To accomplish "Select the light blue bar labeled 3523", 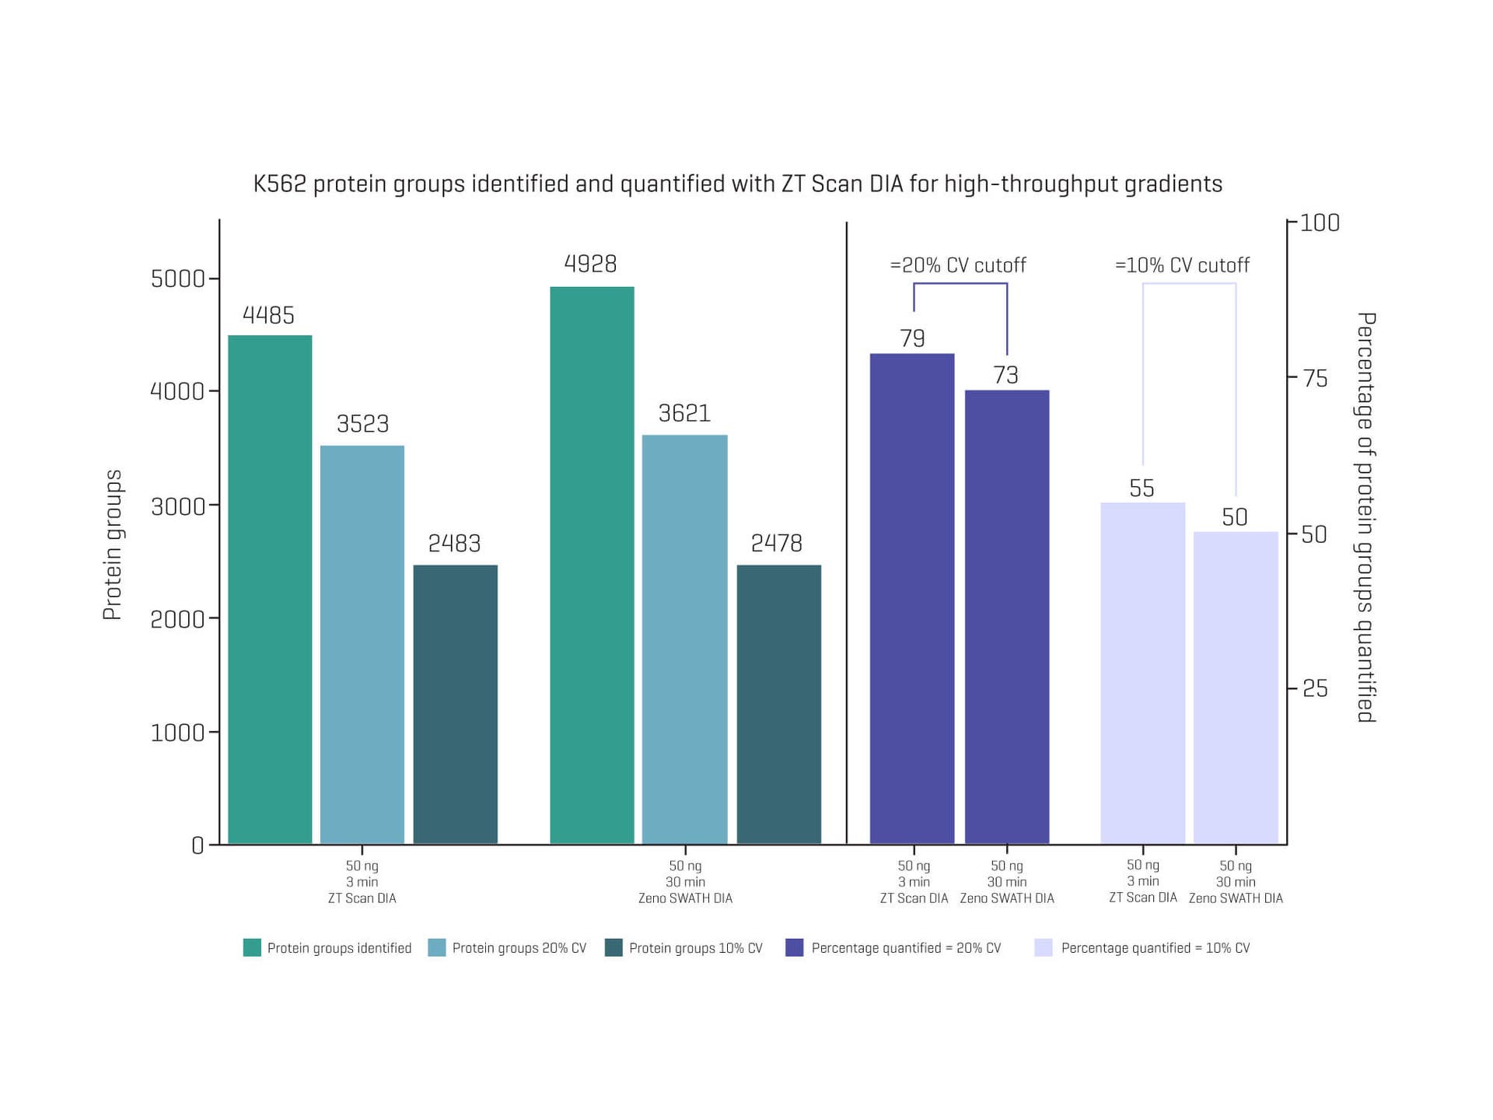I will [362, 645].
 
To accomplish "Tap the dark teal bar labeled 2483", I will [455, 704].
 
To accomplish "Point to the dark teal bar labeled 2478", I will [778, 704].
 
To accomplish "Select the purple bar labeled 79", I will [912, 599].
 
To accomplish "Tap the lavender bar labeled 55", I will [1142, 673].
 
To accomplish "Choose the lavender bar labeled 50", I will [1236, 688].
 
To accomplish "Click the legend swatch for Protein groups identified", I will [252, 947].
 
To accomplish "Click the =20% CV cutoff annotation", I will [958, 266].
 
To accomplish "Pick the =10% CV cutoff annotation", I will [1182, 266].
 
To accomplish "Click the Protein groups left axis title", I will [113, 544].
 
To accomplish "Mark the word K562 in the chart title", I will [280, 184].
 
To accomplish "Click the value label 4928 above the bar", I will [590, 264].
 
